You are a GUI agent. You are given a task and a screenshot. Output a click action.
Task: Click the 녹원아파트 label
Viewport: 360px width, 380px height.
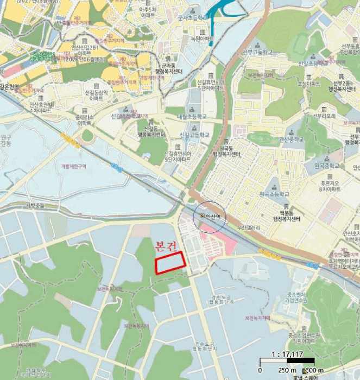pyautogui.click(x=202, y=39)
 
